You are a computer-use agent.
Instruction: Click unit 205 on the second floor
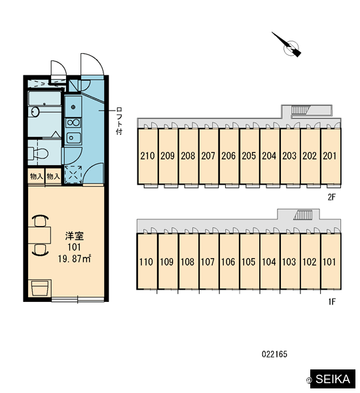[249, 156]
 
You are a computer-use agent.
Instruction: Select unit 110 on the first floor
[147, 261]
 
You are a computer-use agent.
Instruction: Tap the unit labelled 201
[331, 156]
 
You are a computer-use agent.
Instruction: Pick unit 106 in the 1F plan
[228, 261]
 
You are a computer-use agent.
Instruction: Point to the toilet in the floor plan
[38, 153]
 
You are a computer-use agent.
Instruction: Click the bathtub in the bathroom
[45, 98]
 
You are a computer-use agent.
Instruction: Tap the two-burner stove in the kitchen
[73, 123]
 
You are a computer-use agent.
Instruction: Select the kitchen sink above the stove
[73, 107]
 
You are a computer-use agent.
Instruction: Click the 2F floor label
[331, 198]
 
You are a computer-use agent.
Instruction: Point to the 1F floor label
[332, 301]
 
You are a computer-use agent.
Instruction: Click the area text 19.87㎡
[75, 259]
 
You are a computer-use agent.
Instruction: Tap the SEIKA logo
[333, 379]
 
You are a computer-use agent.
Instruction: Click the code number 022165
[274, 354]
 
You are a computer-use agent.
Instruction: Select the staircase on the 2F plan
[300, 110]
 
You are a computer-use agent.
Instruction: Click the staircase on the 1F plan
[303, 215]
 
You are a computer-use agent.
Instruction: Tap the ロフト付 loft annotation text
[119, 121]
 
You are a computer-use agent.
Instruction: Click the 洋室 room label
[75, 236]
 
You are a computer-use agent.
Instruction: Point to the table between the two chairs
[39, 235]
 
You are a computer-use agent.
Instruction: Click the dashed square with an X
[73, 174]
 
